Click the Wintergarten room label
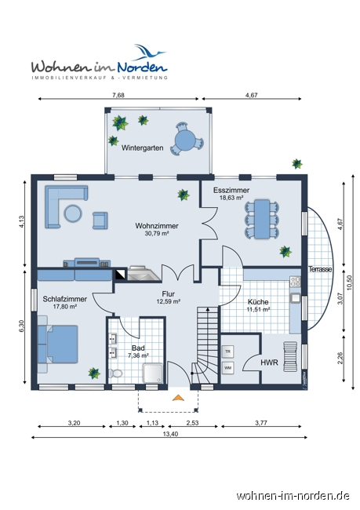(143, 148)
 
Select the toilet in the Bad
(115, 373)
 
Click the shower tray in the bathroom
(153, 373)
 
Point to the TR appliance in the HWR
(227, 352)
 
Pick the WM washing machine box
(227, 368)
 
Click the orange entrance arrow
(178, 398)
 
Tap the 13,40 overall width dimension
(170, 434)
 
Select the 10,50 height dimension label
(350, 282)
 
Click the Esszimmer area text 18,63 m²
(231, 198)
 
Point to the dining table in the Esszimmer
(262, 219)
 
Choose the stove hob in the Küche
(295, 282)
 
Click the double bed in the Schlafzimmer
(58, 344)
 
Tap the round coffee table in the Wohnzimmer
(73, 213)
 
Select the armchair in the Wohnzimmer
(100, 220)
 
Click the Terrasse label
(320, 269)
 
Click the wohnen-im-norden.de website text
(293, 496)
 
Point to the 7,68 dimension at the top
(118, 95)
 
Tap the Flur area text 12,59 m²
(169, 301)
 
